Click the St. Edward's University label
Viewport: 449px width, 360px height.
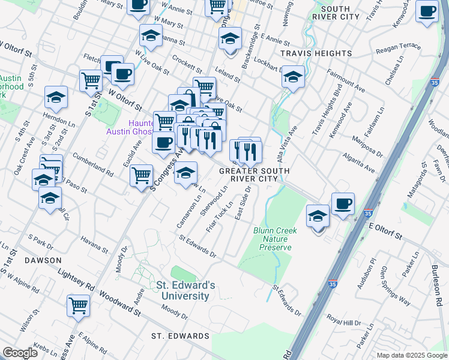183,290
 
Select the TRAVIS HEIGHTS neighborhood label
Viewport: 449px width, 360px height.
316,53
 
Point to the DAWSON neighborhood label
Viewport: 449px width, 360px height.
43,260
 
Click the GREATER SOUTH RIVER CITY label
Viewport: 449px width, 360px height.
255,175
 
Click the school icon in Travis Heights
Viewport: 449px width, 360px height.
293,77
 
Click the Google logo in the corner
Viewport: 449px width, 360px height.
20,352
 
